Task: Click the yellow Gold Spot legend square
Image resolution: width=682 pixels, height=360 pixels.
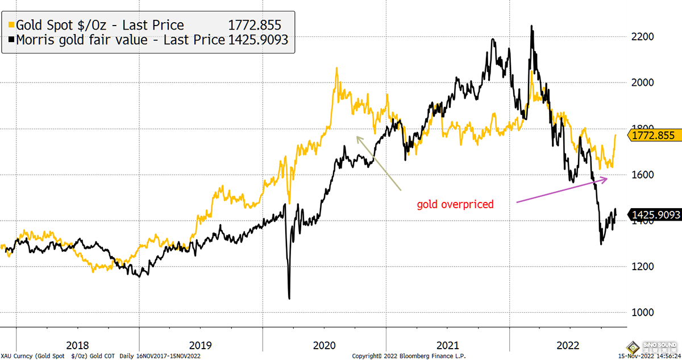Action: (10, 26)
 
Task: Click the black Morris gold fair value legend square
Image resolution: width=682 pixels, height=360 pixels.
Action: (10, 40)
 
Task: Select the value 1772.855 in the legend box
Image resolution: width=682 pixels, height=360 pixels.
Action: (255, 26)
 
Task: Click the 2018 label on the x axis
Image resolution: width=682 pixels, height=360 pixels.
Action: (77, 345)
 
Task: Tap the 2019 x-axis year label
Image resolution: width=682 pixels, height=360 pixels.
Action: (200, 345)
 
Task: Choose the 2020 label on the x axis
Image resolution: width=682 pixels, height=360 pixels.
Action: (323, 345)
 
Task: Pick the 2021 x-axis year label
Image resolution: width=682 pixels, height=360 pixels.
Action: (447, 345)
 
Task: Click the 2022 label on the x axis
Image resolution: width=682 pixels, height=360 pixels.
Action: (569, 345)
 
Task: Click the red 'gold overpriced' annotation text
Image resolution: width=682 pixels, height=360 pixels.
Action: (455, 204)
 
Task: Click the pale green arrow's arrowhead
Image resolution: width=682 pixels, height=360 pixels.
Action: (357, 137)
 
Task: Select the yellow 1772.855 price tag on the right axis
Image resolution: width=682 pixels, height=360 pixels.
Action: (654, 135)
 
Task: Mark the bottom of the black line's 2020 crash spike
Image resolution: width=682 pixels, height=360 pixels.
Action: (289, 297)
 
